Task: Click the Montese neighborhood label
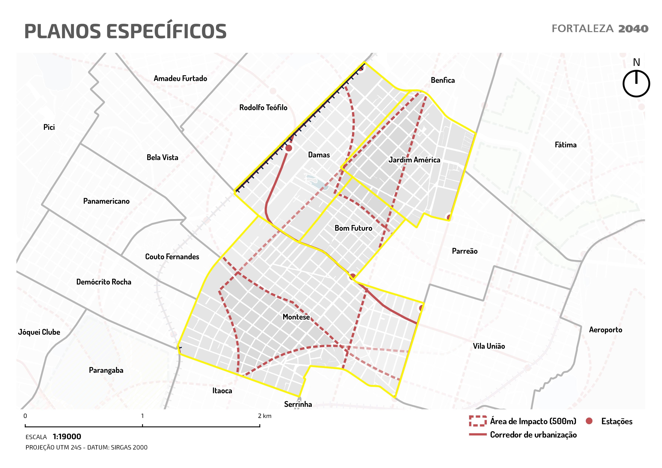(x=296, y=317)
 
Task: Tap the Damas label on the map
(x=319, y=155)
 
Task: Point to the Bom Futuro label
(x=353, y=228)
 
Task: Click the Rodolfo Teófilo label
(x=263, y=108)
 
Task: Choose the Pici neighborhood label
(x=49, y=127)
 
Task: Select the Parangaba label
(x=106, y=370)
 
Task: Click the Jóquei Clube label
(x=39, y=332)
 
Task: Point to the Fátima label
(x=565, y=145)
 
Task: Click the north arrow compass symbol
(x=636, y=84)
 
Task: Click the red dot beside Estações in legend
(x=589, y=421)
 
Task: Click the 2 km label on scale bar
(x=265, y=416)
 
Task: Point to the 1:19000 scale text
(x=67, y=437)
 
